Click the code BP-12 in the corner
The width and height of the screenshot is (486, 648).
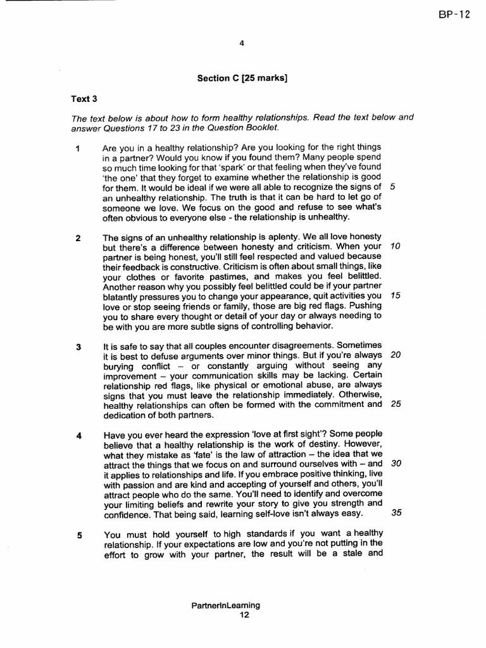pos(454,15)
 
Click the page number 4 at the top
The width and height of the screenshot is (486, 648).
pos(242,43)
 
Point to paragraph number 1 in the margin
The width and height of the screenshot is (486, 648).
pos(77,149)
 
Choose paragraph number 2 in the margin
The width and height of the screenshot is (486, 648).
pos(78,239)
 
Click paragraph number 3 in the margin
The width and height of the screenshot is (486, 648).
pos(78,347)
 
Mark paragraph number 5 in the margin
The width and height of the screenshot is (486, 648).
pos(80,535)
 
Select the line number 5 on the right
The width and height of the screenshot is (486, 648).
pos(393,187)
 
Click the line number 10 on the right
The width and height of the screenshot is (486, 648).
pos(396,246)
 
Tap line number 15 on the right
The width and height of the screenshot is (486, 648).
pos(396,296)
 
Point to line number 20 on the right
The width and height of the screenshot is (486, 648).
pos(396,354)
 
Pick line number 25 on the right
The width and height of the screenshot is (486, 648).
pos(396,404)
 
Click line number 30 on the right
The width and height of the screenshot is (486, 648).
pos(397,463)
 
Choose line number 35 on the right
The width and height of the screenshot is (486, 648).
pos(397,513)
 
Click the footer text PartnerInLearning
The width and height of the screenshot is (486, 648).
pos(225,605)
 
